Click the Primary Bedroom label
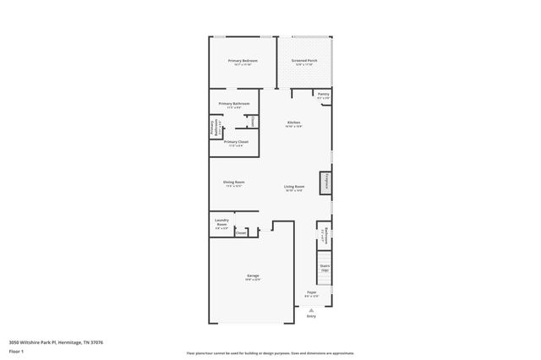[242, 61]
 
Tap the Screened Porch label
[304, 61]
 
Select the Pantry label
[323, 94]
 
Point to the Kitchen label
[293, 123]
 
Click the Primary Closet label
[236, 142]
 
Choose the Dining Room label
[234, 182]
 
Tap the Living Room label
[294, 187]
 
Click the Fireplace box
[324, 183]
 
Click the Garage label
[252, 275]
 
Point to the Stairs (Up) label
[325, 267]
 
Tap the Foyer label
[311, 292]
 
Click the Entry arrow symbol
[311, 308]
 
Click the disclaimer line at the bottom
[270, 353]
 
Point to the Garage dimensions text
[252, 280]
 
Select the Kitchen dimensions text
[293, 127]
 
